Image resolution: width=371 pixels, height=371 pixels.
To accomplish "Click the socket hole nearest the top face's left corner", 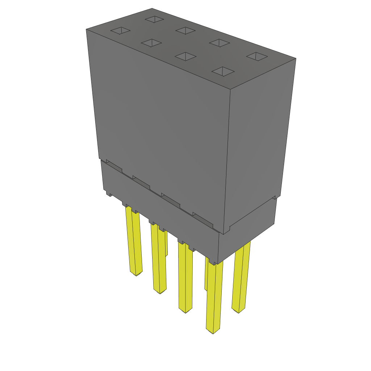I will pyautogui.click(x=120, y=31).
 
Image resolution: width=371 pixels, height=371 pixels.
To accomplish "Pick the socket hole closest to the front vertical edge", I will pyautogui.click(x=222, y=71).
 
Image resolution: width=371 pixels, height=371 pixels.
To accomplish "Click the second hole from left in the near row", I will pyautogui.click(x=151, y=43).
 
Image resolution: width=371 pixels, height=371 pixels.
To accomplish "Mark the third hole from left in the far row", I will pyautogui.click(x=220, y=43).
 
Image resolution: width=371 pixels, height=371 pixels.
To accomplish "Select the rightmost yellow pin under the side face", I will pyautogui.click(x=241, y=279).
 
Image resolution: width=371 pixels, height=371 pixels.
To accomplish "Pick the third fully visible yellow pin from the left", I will pyautogui.click(x=185, y=279).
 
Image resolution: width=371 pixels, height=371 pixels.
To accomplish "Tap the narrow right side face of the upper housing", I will pyautogui.click(x=259, y=145).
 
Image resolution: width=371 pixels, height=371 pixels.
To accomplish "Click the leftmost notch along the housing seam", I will pyautogui.click(x=114, y=166).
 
